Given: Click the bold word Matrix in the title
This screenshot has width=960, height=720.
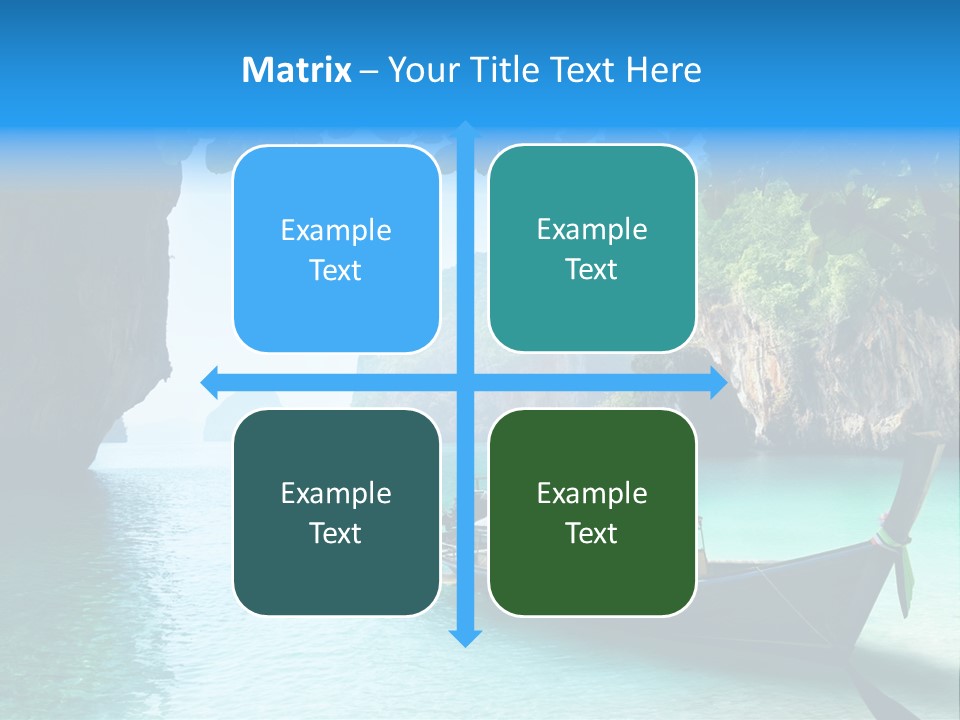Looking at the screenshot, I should [x=297, y=70].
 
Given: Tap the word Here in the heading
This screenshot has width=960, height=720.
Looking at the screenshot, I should [x=663, y=70].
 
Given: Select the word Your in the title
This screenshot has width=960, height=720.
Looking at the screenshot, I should [x=421, y=70].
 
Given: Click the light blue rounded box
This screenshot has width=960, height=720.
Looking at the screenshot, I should [x=336, y=249].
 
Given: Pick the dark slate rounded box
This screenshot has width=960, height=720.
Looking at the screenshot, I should [x=336, y=512].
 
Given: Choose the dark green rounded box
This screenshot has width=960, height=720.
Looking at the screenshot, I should [x=592, y=512].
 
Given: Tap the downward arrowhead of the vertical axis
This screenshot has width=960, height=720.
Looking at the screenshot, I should [x=465, y=637].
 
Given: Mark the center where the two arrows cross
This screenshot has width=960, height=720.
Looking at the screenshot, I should [x=465, y=382].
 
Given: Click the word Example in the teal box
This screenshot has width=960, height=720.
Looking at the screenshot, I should [x=592, y=229].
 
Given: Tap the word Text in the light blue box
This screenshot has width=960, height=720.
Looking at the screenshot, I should [x=335, y=270].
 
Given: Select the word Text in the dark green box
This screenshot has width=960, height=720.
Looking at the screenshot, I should [x=592, y=533].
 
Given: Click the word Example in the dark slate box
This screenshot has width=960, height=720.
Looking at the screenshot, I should [x=336, y=493].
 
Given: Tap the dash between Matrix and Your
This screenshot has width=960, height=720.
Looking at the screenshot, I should [x=369, y=71].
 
